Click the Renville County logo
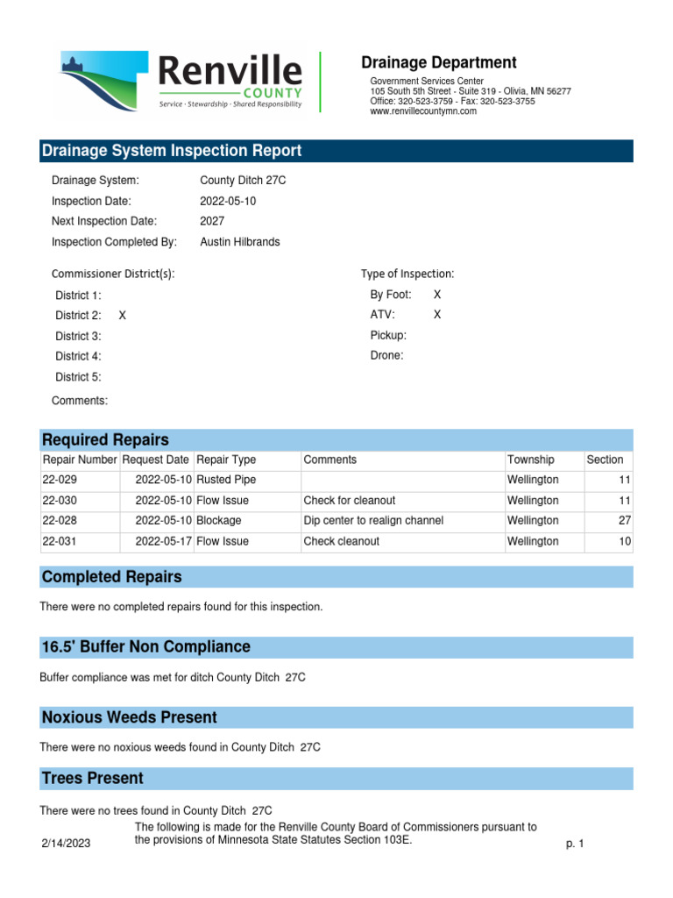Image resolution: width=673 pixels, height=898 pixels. pos(181,81)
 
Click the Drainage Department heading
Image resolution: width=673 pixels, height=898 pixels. pos(439,62)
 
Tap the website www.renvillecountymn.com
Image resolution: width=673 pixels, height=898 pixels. pos(423,111)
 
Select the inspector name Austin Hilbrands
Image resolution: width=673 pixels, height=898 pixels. pos(240,242)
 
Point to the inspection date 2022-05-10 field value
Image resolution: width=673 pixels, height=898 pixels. pos(228,201)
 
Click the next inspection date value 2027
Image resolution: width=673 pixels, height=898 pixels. pos(212,221)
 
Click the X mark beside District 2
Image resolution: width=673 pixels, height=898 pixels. pos(123,316)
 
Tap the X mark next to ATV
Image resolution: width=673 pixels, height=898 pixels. pos(437,315)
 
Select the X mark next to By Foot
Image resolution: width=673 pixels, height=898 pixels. pos(437,295)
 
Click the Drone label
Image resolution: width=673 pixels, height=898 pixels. pos(387,356)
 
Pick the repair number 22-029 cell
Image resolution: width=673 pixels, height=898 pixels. pos(60,481)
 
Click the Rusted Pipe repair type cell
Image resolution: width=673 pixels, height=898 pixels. pos(226,481)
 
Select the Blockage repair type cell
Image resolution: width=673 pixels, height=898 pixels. pos(219,521)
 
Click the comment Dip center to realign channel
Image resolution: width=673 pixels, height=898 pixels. pos(373,521)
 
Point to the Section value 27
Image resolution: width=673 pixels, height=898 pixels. pos(625,521)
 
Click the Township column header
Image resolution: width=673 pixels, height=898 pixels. pos(530,460)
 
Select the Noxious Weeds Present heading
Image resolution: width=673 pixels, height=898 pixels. pos(130,717)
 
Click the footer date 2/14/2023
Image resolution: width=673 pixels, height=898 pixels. pos(66,844)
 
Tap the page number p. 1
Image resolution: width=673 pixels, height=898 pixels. pos(575,844)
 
